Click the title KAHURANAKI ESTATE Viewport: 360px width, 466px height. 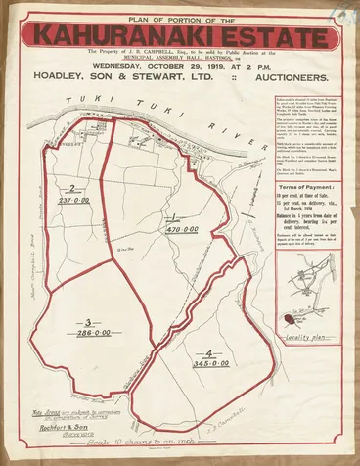[x=179, y=34]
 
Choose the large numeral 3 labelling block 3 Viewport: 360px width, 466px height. [x=89, y=321]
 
